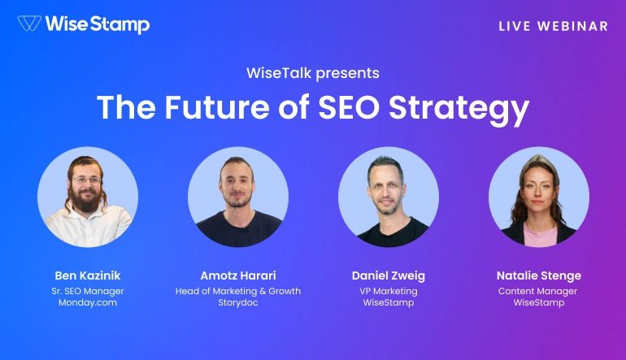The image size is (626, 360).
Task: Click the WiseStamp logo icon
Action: click(29, 24)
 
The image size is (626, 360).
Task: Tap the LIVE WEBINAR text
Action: click(553, 26)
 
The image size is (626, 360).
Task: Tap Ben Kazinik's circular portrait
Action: click(88, 197)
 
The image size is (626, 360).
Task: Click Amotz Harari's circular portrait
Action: click(238, 197)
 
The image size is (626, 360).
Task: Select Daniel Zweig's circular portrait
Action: click(389, 197)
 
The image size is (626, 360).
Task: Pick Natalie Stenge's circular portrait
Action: click(539, 197)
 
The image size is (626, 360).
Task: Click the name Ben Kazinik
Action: click(88, 275)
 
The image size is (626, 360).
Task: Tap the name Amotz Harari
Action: click(238, 275)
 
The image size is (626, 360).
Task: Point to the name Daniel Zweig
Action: click(389, 275)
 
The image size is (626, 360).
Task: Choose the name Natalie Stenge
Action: click(539, 275)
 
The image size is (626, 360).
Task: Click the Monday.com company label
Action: click(88, 303)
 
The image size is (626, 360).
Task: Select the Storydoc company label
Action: click(238, 303)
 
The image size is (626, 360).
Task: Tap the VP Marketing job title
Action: click(389, 291)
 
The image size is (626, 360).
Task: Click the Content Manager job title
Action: click(539, 291)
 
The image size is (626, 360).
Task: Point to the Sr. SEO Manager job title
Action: click(88, 291)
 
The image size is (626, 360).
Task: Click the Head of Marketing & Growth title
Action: click(238, 291)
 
